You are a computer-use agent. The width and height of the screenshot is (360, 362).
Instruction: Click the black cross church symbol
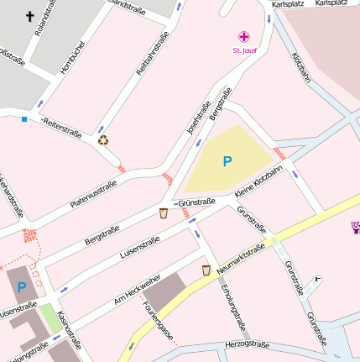point(31,16)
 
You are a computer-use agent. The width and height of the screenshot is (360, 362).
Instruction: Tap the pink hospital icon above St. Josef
point(244,37)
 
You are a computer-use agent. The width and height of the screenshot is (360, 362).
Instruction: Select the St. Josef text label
point(244,51)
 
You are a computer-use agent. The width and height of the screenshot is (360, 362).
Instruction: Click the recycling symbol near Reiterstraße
point(103,140)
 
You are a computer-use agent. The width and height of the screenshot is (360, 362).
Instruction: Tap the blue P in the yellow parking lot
point(227,160)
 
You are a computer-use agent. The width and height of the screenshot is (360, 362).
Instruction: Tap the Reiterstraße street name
point(62,126)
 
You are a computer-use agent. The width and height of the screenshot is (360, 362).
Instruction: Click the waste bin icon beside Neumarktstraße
point(206,270)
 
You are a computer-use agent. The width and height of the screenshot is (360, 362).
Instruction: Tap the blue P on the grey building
point(22,287)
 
